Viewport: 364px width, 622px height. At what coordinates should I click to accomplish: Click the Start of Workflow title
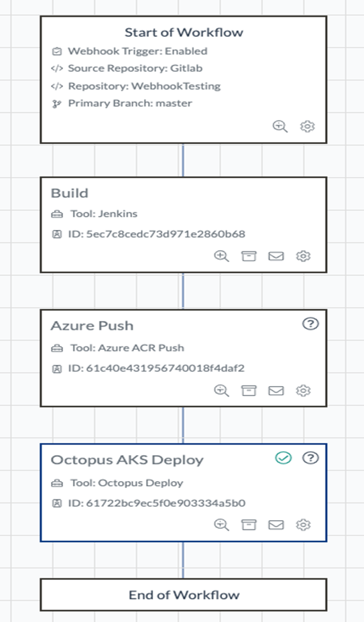pos(184,32)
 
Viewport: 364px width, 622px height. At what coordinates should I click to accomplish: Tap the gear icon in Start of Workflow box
pos(307,127)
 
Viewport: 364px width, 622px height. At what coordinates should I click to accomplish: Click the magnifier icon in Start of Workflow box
pos(280,127)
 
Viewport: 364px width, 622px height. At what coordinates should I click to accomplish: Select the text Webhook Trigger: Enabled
pos(137,51)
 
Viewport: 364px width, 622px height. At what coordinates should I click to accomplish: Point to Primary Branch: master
pos(130,103)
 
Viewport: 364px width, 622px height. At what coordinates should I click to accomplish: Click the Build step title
pos(70,193)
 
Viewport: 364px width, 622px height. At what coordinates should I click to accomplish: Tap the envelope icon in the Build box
pos(276,256)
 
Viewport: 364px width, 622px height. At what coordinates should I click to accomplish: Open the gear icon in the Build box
pos(303,256)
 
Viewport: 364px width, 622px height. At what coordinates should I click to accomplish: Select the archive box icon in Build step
pos(249,256)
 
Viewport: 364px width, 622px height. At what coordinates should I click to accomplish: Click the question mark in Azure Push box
pos(310,324)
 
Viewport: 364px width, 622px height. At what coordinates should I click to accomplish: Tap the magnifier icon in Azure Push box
pos(221,391)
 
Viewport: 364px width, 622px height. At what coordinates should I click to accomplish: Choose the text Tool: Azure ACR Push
pos(127,348)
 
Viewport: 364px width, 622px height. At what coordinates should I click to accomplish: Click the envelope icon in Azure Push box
pos(276,391)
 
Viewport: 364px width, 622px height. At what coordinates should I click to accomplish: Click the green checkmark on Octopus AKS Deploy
pos(284,458)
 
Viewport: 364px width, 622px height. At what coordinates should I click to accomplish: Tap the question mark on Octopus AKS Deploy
pos(310,458)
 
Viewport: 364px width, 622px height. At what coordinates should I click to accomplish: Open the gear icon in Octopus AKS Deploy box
pos(303,525)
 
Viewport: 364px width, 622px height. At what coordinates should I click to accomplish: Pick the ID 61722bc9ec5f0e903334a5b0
pos(166,503)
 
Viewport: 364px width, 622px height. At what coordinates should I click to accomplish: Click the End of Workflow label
pos(184,595)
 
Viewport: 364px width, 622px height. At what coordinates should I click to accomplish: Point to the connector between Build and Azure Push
pos(183,291)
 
